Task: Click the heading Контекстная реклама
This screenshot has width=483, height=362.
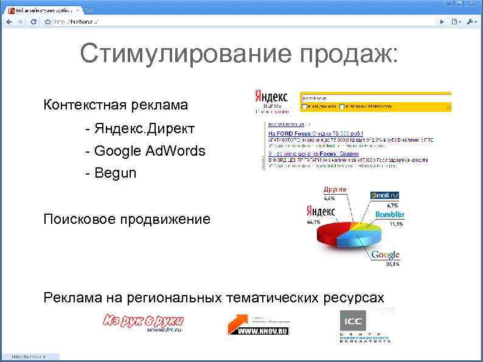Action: [x=116, y=105]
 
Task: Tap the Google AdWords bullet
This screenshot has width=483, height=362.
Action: [x=150, y=151]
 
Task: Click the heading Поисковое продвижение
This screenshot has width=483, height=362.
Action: [x=127, y=219]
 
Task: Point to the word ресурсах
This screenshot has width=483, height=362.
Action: [x=353, y=298]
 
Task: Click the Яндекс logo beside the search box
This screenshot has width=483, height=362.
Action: [x=271, y=97]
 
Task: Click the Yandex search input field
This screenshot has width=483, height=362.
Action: [x=375, y=97]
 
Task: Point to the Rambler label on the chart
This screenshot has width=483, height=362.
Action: [x=389, y=215]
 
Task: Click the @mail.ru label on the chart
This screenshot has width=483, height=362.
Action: [x=384, y=195]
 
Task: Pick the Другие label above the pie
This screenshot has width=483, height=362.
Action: [x=334, y=190]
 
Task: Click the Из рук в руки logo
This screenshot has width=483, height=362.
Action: [x=144, y=322]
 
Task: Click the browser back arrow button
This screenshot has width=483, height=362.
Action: [x=9, y=21]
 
